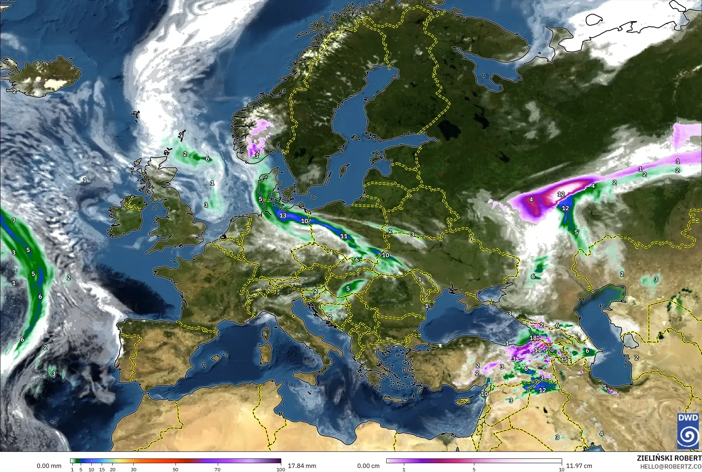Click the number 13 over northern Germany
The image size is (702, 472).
click(283, 216)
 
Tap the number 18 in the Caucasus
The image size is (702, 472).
click(533, 338)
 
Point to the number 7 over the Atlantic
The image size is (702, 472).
click(14, 220)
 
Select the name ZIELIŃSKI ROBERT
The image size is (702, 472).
click(669, 458)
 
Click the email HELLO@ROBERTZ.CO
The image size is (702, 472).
click(671, 467)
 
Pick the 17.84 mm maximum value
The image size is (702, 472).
click(302, 466)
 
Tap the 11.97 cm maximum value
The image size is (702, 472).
click(579, 466)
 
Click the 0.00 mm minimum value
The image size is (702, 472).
click(49, 466)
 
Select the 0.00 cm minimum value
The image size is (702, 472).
click(368, 466)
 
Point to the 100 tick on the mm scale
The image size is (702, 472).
click(281, 469)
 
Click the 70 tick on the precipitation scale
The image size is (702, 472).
click(217, 469)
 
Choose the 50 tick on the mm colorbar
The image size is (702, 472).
click(175, 469)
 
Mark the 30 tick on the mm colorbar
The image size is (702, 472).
click(134, 469)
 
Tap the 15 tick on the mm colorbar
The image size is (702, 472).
click(102, 469)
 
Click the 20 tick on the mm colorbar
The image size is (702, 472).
click(112, 469)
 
